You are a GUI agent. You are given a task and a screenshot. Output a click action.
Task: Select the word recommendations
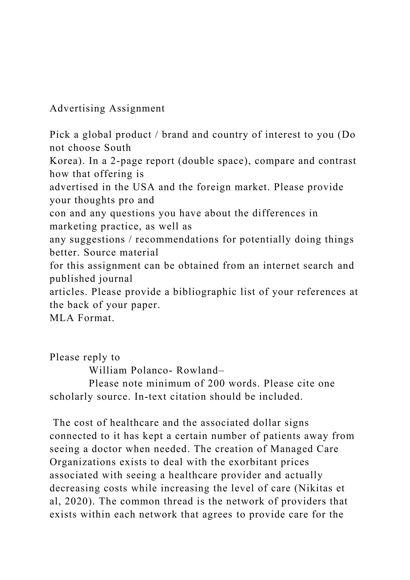click(x=177, y=240)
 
